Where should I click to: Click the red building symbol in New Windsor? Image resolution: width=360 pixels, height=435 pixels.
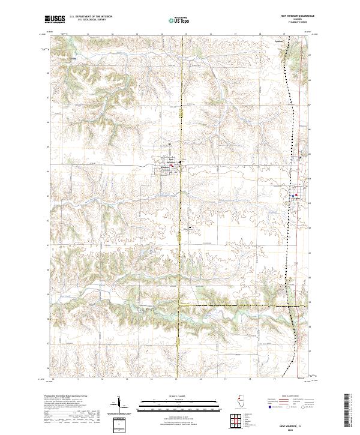click(178, 166)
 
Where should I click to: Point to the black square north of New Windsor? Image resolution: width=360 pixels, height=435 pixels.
click(170, 145)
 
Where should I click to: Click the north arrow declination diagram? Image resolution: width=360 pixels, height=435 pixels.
click(119, 406)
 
